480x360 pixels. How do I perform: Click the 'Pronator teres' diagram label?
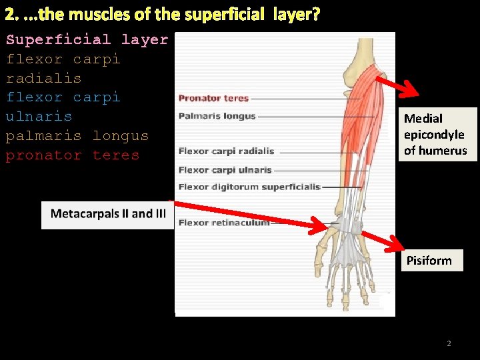[213, 99]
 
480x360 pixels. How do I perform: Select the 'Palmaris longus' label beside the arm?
[217, 116]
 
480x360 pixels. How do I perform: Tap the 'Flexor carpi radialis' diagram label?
[226, 151]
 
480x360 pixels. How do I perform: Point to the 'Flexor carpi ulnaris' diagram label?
[225, 169]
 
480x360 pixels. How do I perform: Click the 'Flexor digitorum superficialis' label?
[249, 187]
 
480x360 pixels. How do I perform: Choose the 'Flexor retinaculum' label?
[224, 223]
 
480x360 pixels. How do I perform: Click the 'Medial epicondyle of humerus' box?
[435, 135]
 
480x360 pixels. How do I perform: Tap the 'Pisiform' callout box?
[429, 260]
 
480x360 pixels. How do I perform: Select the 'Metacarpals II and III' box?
[108, 214]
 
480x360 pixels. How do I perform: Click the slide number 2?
[449, 343]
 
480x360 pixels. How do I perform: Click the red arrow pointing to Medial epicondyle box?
[397, 87]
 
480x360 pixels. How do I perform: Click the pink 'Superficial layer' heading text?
[87, 39]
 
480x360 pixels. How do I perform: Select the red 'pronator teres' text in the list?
[73, 155]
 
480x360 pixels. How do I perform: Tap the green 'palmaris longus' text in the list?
[77, 136]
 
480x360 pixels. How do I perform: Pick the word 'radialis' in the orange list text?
[43, 78]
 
